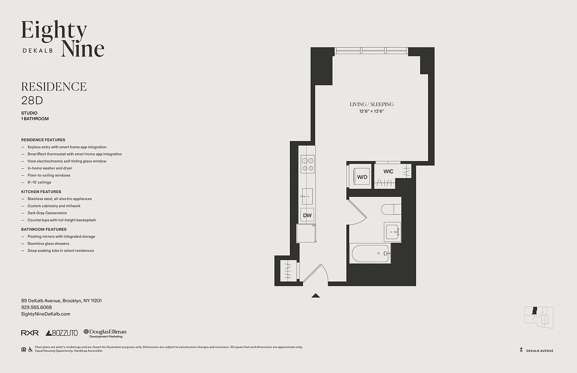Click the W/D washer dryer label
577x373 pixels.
[362, 177]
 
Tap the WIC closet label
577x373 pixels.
[388, 171]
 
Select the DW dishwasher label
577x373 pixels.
[307, 215]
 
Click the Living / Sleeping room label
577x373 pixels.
[372, 104]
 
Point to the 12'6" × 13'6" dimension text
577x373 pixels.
[372, 111]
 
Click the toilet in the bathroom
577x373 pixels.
[391, 208]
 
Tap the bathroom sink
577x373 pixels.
[393, 232]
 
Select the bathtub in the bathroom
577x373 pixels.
[370, 254]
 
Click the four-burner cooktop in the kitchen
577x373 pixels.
[308, 164]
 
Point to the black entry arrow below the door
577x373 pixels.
[316, 295]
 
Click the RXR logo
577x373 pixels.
[30, 333]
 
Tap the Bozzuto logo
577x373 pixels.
[62, 333]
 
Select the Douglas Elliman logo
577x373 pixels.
[105, 333]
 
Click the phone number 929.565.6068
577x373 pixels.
[36, 307]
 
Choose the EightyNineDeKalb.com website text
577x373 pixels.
[46, 314]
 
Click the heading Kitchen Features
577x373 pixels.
[41, 192]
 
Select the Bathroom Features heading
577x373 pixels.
[44, 229]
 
